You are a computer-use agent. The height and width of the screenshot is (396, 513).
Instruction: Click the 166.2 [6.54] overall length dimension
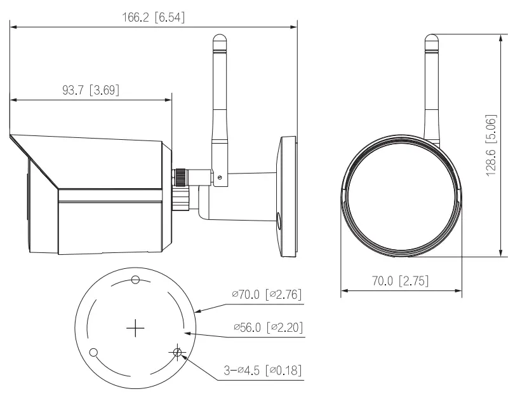coord(153,17)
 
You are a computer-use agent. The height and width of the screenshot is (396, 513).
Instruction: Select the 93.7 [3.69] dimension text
coord(91,90)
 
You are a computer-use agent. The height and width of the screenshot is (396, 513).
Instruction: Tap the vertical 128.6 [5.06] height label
coord(491,145)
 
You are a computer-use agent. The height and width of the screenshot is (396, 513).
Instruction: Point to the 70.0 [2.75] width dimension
coord(400,281)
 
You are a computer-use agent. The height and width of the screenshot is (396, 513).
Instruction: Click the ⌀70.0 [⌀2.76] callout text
coord(267,294)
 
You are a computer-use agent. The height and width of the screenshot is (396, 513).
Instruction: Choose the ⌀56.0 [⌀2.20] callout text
coord(269,327)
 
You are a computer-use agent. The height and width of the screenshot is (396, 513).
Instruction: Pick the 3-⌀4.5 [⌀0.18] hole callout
coord(262,371)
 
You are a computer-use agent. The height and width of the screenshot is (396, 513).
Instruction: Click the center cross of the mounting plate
coord(135,327)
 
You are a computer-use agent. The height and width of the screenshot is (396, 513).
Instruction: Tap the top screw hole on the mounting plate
coord(135,280)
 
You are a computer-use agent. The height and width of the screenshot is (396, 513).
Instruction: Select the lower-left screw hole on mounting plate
coord(93,352)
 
